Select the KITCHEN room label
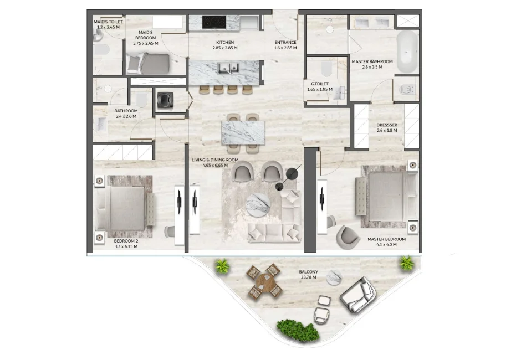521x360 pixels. (x=224, y=42)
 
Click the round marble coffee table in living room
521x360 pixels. (x=258, y=204)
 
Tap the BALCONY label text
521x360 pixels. (x=308, y=271)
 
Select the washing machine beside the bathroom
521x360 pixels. (x=165, y=100)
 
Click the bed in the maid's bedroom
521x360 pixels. (x=149, y=63)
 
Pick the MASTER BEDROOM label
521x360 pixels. (x=386, y=239)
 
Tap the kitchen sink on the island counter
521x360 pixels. (x=227, y=69)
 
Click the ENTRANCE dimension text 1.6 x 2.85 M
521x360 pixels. (x=285, y=48)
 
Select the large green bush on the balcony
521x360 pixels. (x=298, y=331)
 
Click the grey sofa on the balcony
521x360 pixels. (x=357, y=294)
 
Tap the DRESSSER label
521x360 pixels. (x=386, y=125)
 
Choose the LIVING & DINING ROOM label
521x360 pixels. (x=215, y=160)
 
